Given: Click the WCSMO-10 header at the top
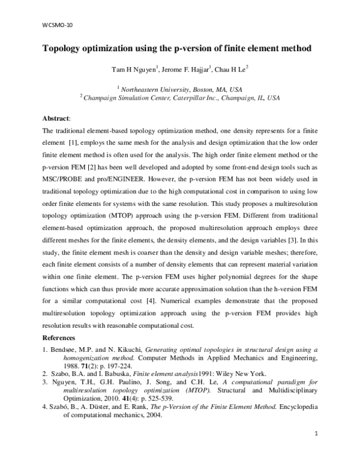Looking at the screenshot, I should tap(51, 25).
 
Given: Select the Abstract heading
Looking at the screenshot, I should tap(56, 119).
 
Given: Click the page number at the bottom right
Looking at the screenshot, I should tap(316, 450).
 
